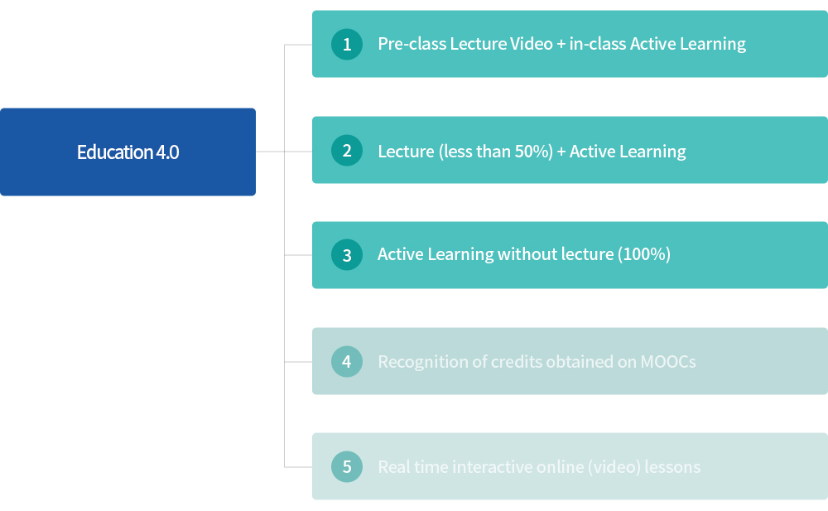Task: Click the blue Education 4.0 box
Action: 128,152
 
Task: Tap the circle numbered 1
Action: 347,44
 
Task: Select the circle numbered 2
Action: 347,150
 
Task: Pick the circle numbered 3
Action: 347,255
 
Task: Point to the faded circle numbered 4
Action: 347,361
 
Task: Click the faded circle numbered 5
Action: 347,466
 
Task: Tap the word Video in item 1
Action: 532,44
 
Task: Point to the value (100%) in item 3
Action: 644,254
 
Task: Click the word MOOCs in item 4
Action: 668,361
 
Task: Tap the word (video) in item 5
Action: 612,466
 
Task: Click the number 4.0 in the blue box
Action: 167,152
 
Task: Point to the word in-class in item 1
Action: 598,44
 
